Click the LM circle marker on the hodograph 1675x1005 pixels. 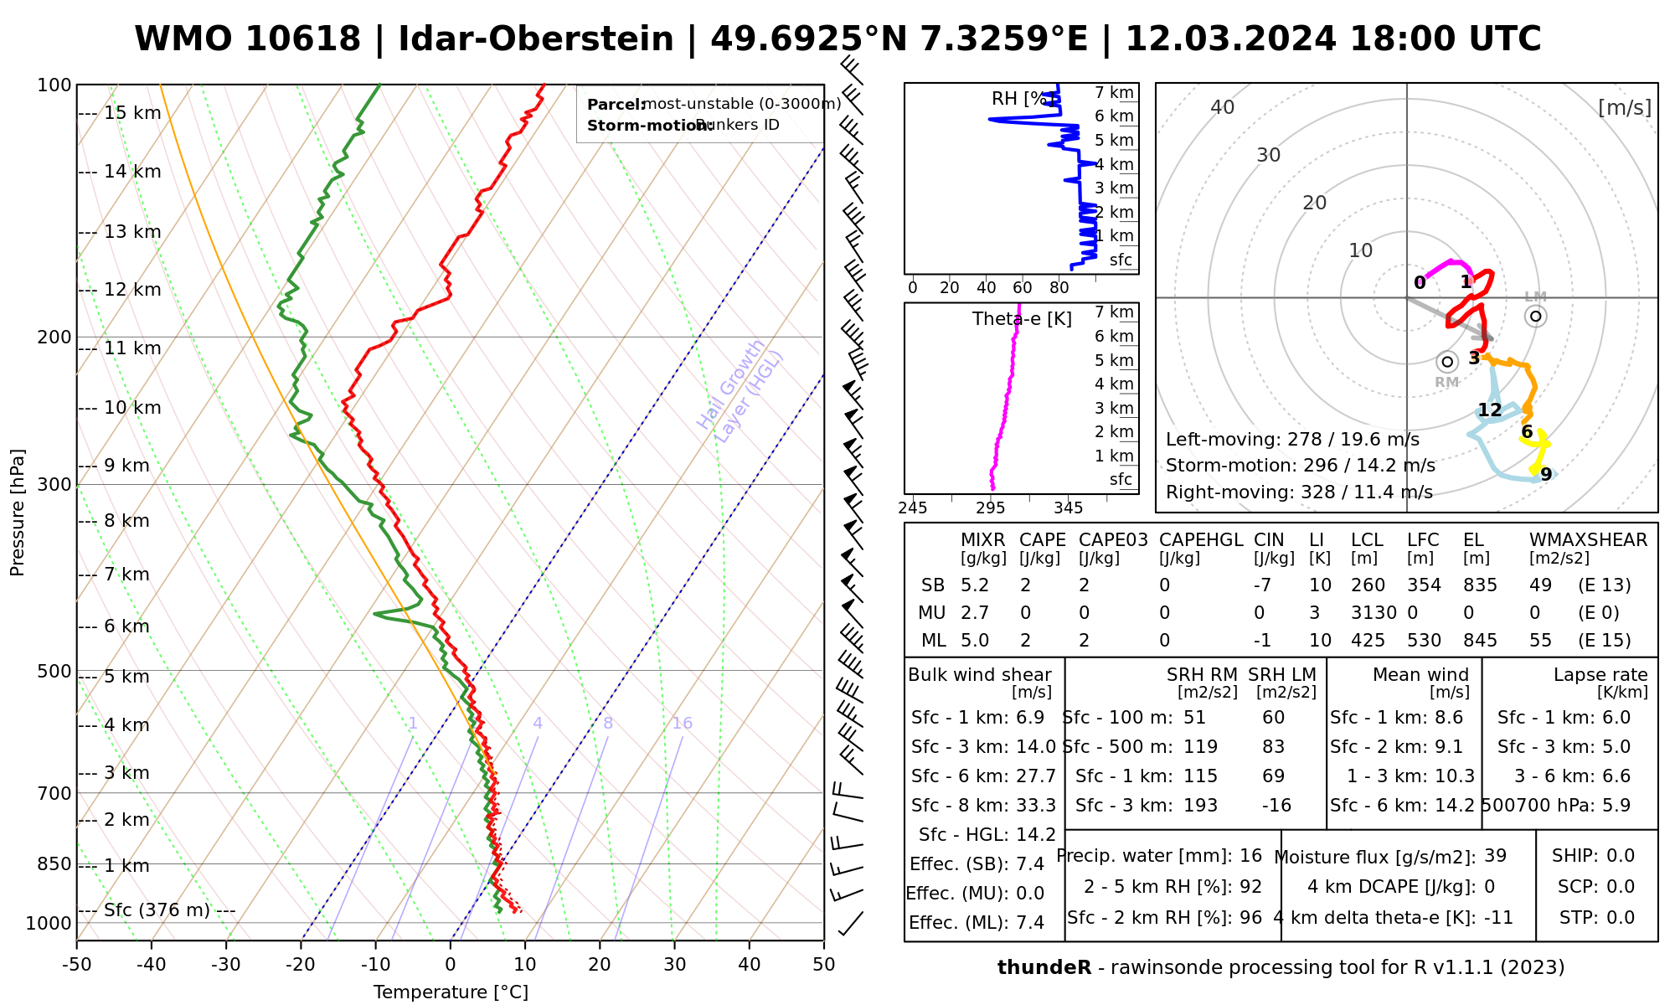coord(1535,316)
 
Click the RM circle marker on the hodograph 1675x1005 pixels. coord(1446,362)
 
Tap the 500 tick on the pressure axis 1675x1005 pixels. coord(54,671)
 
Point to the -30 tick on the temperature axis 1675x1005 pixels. coord(226,965)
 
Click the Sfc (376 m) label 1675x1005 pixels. coord(157,910)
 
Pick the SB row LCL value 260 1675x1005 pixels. coord(1368,585)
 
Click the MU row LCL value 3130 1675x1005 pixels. coord(1373,613)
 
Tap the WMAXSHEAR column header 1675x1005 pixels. coord(1588,540)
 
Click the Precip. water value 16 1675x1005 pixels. coord(1250,856)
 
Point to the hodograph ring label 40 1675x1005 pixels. coord(1223,107)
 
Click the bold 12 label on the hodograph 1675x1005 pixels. coord(1489,410)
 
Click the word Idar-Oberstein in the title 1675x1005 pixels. coord(536,39)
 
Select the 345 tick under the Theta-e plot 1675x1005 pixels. coord(1068,508)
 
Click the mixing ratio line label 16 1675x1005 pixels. coord(683,724)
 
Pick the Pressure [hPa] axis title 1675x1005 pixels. coord(18,513)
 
